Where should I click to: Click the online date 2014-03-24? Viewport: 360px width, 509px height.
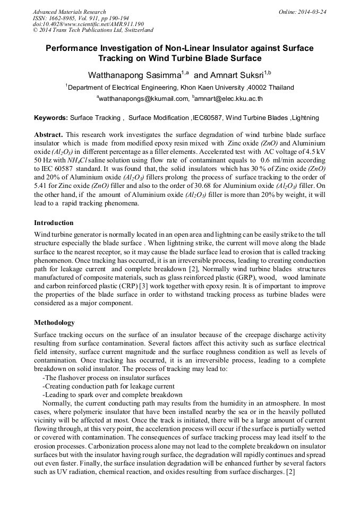(x=312, y=12)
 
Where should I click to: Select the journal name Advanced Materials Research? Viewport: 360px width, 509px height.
(x=70, y=12)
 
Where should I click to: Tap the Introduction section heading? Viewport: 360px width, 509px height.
(x=54, y=223)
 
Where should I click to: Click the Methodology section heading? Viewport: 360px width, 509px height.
(x=54, y=323)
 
